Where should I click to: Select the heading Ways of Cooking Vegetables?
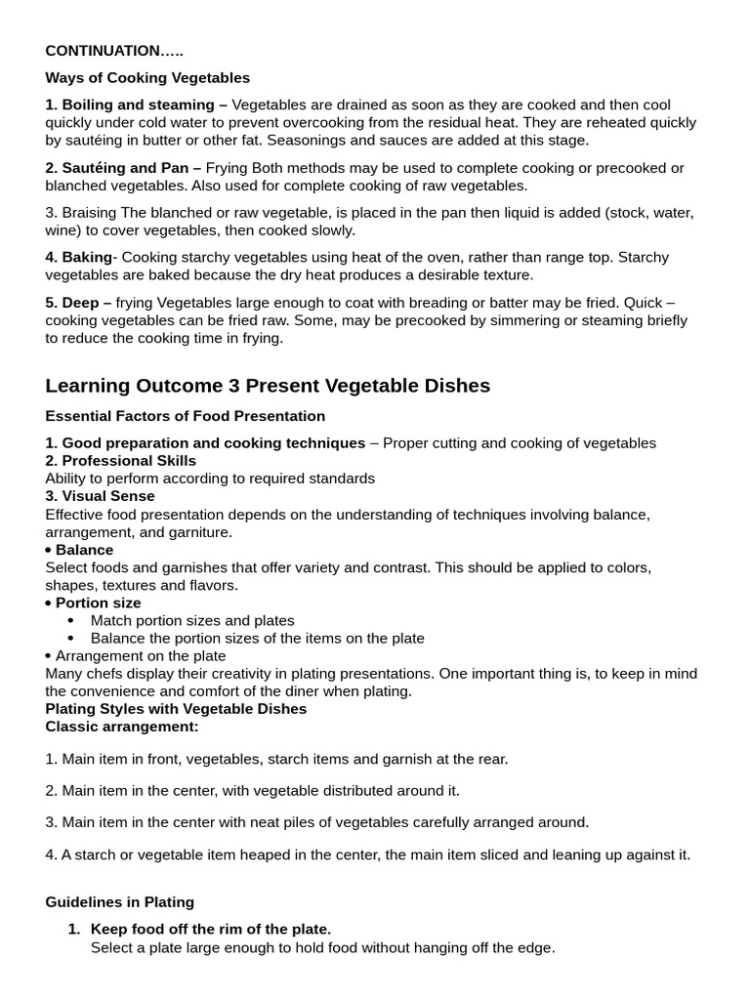[147, 77]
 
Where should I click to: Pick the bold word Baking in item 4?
[88, 258]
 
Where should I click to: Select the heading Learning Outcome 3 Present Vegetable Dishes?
[268, 386]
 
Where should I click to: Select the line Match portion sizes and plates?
[192, 620]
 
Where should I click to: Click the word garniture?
[199, 532]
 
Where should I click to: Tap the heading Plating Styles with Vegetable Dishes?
[176, 708]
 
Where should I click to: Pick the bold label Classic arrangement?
[122, 727]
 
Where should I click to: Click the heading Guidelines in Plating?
[120, 901]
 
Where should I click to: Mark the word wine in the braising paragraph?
[62, 230]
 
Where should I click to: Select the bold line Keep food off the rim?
[211, 929]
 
